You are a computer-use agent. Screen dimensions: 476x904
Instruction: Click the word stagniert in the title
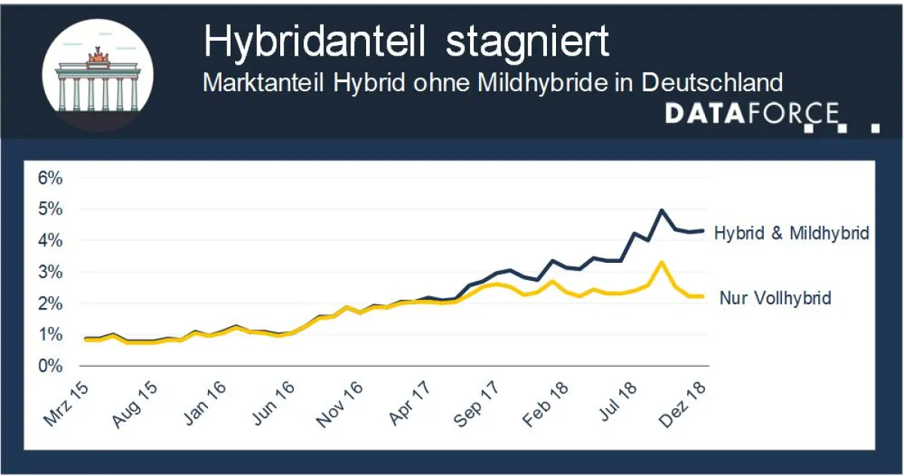(527, 42)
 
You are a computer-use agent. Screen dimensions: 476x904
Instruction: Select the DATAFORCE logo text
(751, 114)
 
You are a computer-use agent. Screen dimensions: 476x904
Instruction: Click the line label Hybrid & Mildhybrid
(791, 233)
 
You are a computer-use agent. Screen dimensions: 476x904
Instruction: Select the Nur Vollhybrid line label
(775, 298)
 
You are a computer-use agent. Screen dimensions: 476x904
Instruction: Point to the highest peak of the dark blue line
(661, 210)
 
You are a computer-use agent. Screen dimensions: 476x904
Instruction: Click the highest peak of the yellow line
(661, 262)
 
